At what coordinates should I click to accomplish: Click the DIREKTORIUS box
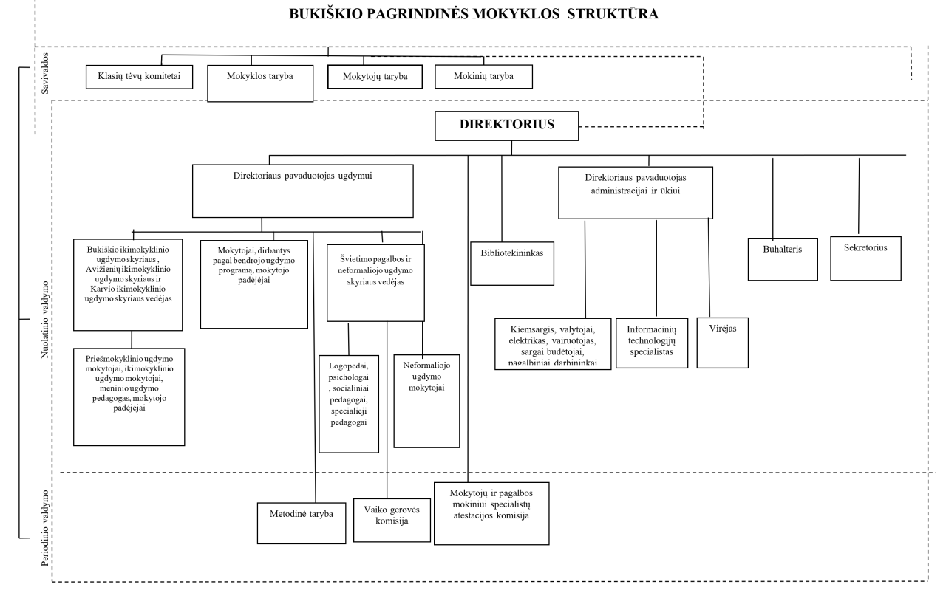pos(506,126)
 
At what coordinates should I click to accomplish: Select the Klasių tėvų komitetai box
pos(140,76)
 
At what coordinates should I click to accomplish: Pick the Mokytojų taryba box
pos(374,76)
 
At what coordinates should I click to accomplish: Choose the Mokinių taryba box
pos(483,76)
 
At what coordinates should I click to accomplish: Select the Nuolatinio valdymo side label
pos(46,320)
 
